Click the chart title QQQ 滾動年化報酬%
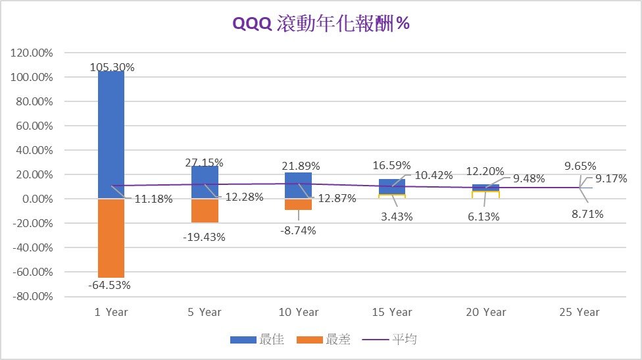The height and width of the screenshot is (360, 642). click(x=321, y=24)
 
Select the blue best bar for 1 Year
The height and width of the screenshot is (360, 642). click(x=111, y=132)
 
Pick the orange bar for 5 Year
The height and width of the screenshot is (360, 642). click(x=205, y=211)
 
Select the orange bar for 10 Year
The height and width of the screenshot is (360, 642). click(x=298, y=205)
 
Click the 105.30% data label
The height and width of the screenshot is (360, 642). click(x=111, y=67)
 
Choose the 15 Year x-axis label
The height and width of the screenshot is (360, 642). click(x=391, y=312)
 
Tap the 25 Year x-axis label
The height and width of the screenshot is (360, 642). click(x=578, y=312)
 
